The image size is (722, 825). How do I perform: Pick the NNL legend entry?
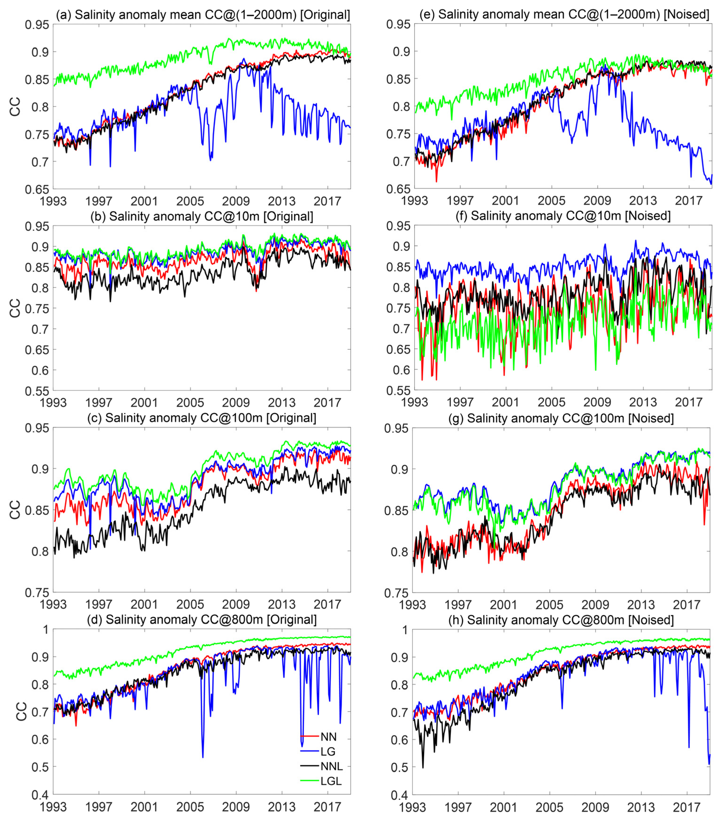pyautogui.click(x=331, y=766)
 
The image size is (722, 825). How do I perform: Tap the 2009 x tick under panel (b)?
pyautogui.click(x=236, y=402)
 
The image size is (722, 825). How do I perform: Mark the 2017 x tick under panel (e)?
pyautogui.click(x=688, y=200)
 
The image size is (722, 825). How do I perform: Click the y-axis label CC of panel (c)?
pyautogui.click(x=15, y=510)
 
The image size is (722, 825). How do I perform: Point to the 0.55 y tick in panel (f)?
pyautogui.click(x=399, y=390)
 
